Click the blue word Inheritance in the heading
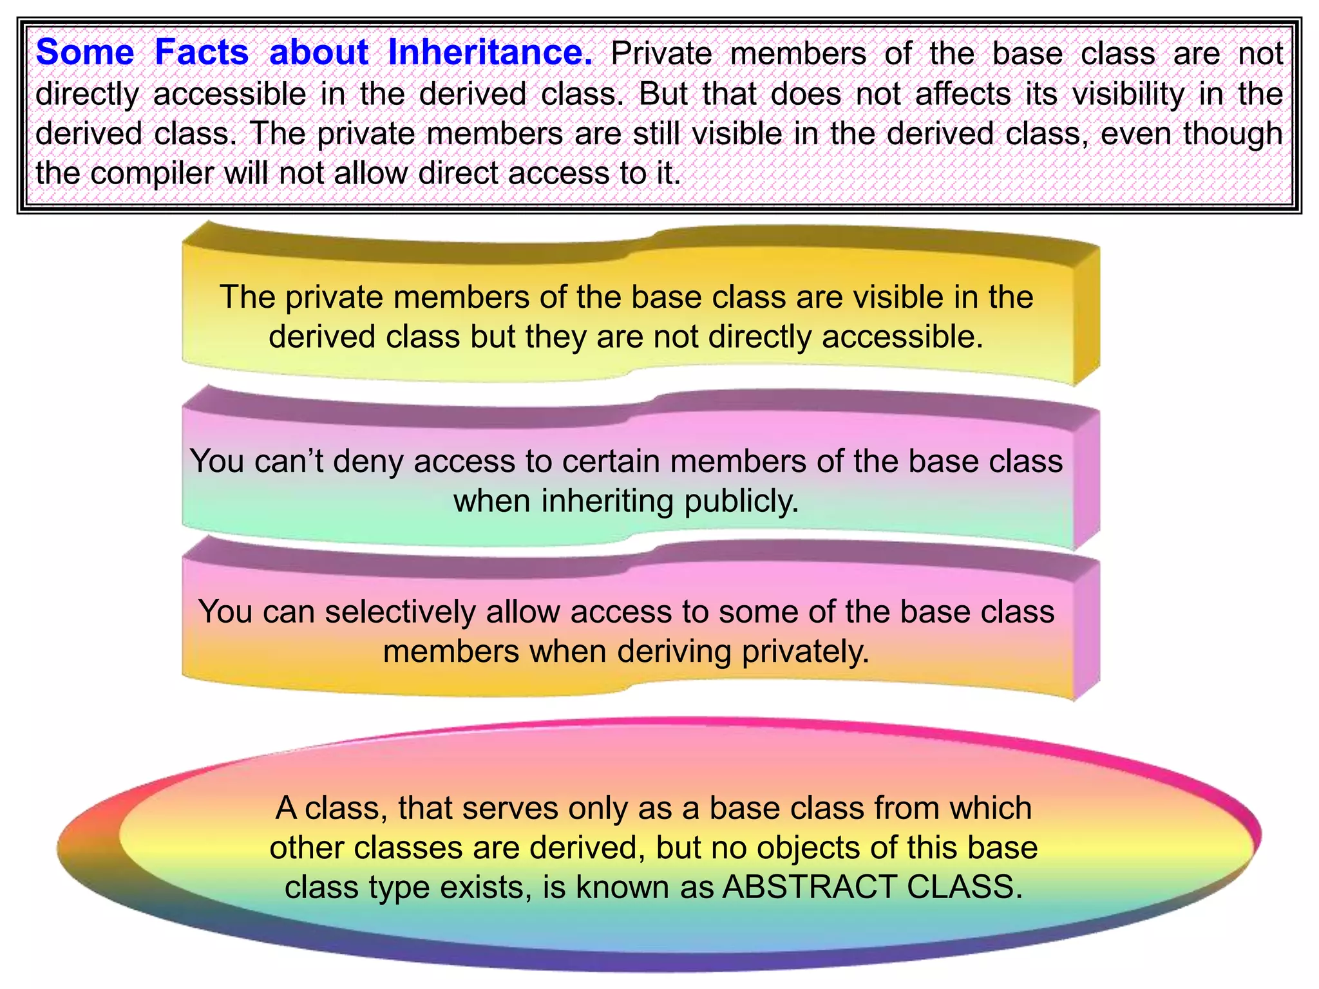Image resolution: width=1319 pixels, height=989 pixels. tap(490, 52)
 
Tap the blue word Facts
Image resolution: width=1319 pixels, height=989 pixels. tap(202, 52)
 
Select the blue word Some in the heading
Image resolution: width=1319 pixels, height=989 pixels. tap(84, 52)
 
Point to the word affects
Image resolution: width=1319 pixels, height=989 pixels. tap(963, 94)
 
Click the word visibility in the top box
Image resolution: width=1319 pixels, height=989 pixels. tap(1128, 94)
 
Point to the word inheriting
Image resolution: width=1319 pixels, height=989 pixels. tap(608, 501)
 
